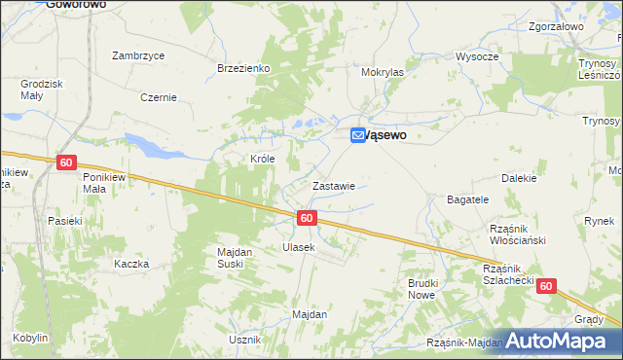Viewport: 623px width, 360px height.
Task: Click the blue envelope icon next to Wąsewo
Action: [358, 136]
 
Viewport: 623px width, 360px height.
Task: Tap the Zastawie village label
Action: [332, 185]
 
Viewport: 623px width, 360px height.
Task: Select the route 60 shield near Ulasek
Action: [307, 218]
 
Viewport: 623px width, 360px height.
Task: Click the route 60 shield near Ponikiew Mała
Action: [65, 162]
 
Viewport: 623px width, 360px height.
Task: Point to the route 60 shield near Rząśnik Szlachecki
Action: [546, 286]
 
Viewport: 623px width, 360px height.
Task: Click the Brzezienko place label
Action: [242, 68]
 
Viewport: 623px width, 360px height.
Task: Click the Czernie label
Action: [158, 97]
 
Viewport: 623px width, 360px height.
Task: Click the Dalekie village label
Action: [519, 178]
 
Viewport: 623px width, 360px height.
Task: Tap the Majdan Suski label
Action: [235, 258]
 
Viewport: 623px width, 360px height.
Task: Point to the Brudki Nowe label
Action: [421, 288]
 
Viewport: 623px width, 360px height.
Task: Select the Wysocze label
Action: [477, 56]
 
